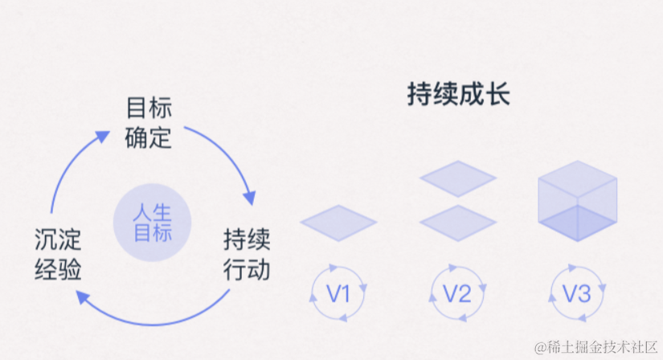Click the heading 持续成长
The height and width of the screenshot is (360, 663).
pos(459,96)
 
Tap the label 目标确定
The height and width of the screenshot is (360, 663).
pos(149,123)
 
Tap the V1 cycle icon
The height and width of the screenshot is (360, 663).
pos(338,294)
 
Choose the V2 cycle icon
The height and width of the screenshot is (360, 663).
pos(458,294)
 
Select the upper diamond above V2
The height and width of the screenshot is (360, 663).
pos(458,177)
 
